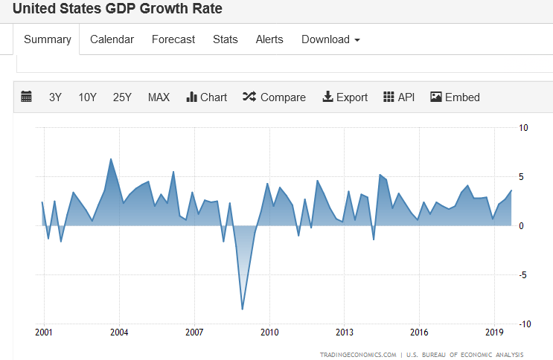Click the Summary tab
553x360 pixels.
[48, 39]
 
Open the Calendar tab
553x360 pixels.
[112, 39]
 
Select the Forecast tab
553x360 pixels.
[173, 39]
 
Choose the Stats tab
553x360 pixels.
[225, 39]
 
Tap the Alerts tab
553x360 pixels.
[269, 39]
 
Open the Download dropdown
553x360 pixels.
[330, 39]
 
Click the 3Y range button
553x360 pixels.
[55, 97]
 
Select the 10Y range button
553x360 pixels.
[88, 97]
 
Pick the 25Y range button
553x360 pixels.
[122, 97]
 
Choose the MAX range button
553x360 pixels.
[159, 97]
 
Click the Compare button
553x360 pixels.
[274, 97]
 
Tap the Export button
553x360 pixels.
[345, 97]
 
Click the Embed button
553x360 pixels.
[455, 97]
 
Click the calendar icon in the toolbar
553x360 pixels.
[27, 97]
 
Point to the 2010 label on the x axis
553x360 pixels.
[269, 332]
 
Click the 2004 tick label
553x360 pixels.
[119, 332]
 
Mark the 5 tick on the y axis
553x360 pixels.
[522, 176]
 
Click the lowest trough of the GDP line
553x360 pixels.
[243, 309]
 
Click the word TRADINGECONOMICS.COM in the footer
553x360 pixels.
[358, 354]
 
